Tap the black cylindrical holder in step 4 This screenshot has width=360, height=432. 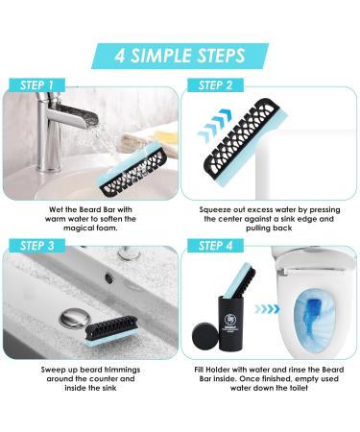click(x=234, y=326)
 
